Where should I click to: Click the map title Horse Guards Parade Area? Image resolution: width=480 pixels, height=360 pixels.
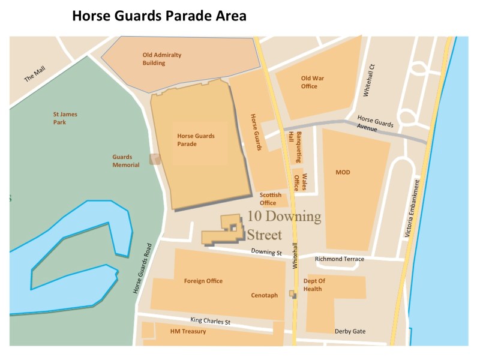(159, 16)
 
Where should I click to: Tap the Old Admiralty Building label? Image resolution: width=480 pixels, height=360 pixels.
(161, 59)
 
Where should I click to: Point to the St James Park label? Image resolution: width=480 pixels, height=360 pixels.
(65, 118)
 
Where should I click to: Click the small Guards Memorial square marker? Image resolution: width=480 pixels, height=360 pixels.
(155, 159)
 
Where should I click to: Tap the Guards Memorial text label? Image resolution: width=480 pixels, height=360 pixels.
(126, 161)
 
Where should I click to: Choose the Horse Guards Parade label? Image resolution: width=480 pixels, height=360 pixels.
(196, 140)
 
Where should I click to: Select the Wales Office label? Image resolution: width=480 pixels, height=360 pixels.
(300, 182)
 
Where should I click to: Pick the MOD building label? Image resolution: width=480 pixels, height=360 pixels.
(343, 173)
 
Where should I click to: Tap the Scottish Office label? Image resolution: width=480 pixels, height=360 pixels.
(268, 199)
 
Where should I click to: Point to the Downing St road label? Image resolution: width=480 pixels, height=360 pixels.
(266, 253)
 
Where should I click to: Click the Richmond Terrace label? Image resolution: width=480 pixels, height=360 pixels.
(343, 259)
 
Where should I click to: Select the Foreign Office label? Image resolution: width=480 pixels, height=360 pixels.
(203, 281)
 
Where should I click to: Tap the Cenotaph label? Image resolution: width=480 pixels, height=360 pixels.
(264, 295)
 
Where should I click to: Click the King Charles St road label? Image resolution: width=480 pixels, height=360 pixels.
(210, 321)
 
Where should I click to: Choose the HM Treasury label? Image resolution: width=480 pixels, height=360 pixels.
(188, 331)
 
